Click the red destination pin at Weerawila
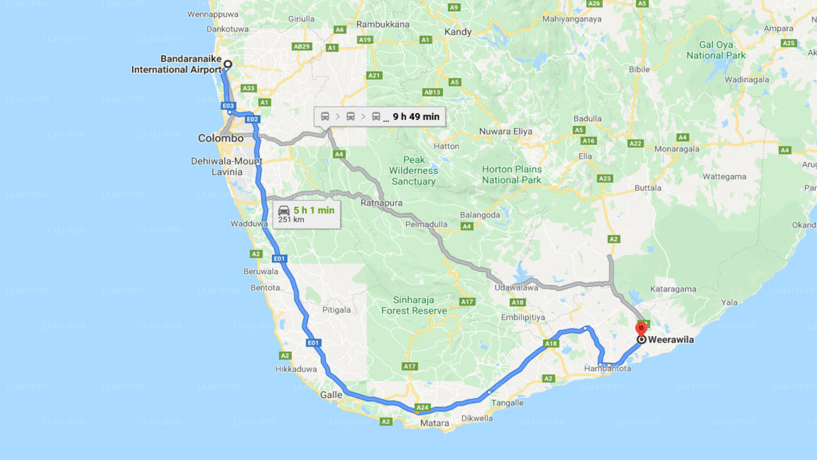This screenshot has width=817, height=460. pos(641,328)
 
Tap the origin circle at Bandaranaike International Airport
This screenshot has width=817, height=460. pos(227,64)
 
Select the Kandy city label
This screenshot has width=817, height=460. pos(458,31)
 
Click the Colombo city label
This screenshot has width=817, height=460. pos(220,138)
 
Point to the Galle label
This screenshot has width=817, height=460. pos(331,395)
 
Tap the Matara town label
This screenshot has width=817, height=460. pos(434,423)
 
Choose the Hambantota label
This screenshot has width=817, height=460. pos(608,369)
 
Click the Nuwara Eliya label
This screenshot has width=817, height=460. pos(506,132)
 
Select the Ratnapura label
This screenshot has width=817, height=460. pos(382,203)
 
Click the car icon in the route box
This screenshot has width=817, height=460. pos(284,210)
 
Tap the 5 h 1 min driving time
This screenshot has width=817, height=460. pos(314,210)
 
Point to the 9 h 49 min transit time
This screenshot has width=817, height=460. pos(416,116)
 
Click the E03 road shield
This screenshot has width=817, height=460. pos(229,105)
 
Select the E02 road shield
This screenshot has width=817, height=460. pos(252,119)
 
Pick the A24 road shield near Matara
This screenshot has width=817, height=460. pos(423,407)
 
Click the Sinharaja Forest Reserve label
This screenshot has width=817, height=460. pos(414,305)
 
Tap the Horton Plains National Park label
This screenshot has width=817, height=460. pos(511,174)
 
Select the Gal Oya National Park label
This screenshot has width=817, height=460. pos(716,50)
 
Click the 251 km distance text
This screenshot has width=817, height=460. pos(291,220)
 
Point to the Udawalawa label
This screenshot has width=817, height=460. pos(516,288)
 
